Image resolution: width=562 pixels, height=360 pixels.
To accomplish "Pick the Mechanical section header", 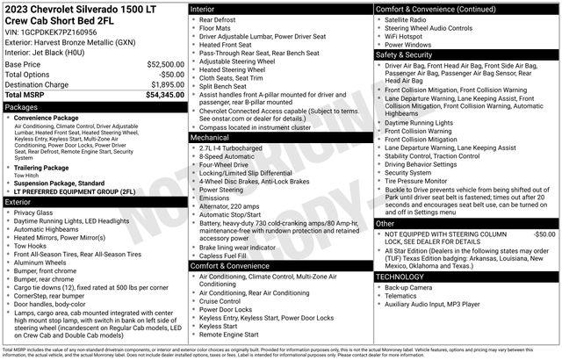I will [210, 138].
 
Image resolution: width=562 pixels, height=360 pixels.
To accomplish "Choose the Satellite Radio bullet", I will [414, 18].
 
